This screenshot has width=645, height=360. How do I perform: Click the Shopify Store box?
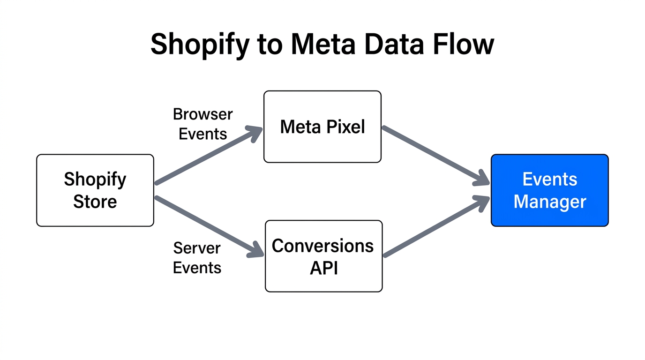pyautogui.click(x=95, y=190)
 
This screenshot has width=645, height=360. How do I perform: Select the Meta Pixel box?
pyautogui.click(x=322, y=127)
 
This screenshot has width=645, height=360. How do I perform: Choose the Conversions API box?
pyautogui.click(x=323, y=256)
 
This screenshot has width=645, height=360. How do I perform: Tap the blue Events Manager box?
pyautogui.click(x=549, y=190)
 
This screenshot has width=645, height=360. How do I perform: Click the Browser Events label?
pyautogui.click(x=202, y=124)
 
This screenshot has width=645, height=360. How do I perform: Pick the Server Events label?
pyautogui.click(x=197, y=258)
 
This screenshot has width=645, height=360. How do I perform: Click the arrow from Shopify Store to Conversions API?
pyautogui.click(x=209, y=226)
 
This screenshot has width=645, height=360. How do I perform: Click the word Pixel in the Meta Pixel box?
pyautogui.click(x=345, y=127)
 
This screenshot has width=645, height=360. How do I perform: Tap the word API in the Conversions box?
pyautogui.click(x=324, y=268)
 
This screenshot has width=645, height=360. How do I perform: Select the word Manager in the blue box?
pyautogui.click(x=549, y=202)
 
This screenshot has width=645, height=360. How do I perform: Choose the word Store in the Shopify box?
pyautogui.click(x=95, y=202)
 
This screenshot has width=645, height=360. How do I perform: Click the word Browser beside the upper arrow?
pyautogui.click(x=202, y=114)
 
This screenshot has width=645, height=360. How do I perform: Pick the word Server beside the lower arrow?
pyautogui.click(x=197, y=248)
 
